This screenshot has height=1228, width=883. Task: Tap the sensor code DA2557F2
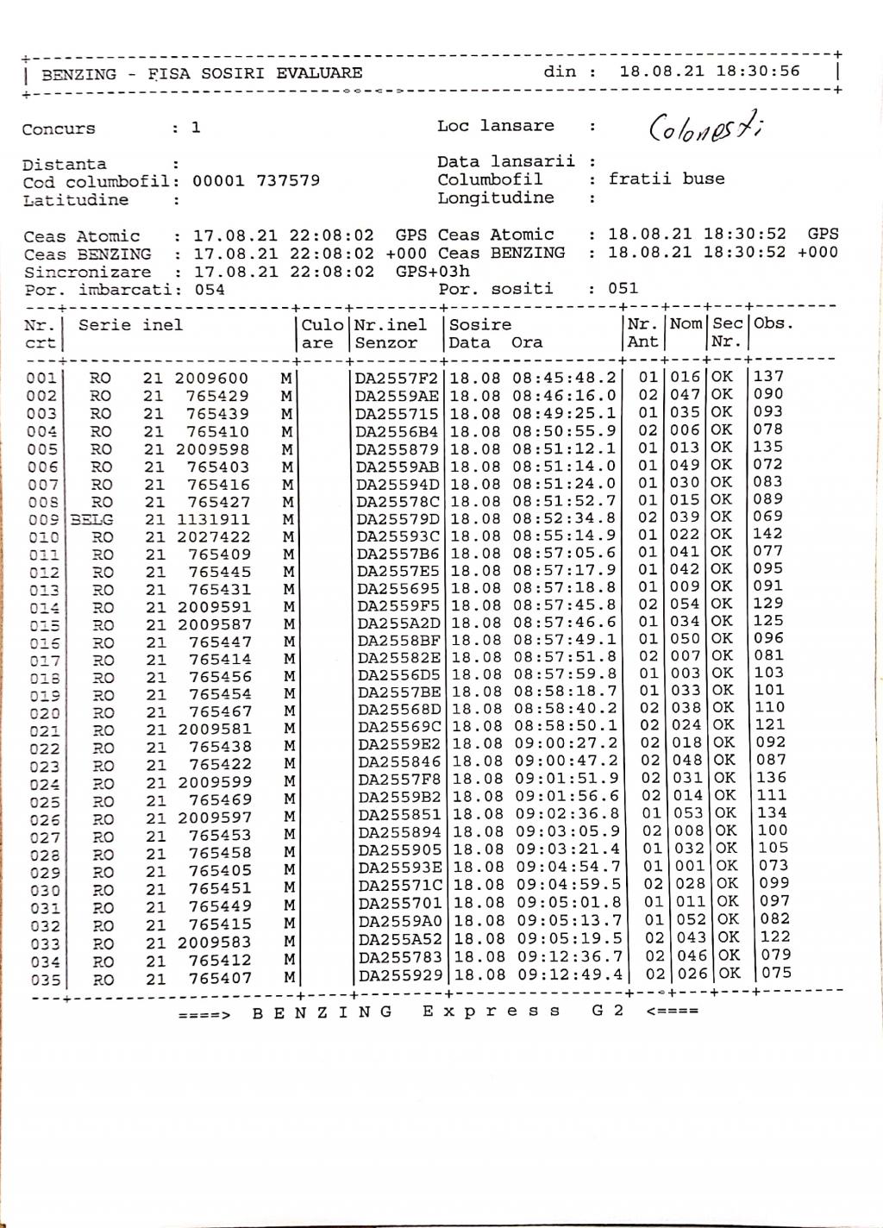click(x=398, y=378)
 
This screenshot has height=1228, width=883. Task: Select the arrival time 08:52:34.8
click(x=565, y=518)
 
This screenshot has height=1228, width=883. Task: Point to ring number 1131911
click(x=213, y=520)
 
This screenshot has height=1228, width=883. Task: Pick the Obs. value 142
click(x=767, y=534)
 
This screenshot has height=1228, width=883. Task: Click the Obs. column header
click(x=773, y=324)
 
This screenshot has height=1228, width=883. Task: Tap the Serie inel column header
click(x=130, y=325)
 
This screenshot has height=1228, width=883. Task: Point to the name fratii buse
click(x=667, y=179)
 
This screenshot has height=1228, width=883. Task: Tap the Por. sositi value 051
click(x=623, y=288)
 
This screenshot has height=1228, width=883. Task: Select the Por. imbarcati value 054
click(x=209, y=290)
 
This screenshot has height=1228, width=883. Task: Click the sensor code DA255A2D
click(x=398, y=623)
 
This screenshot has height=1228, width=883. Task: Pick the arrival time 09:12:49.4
click(x=569, y=974)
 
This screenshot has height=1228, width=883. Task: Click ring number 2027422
click(x=213, y=537)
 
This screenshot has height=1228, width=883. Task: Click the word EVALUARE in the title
click(x=319, y=73)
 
